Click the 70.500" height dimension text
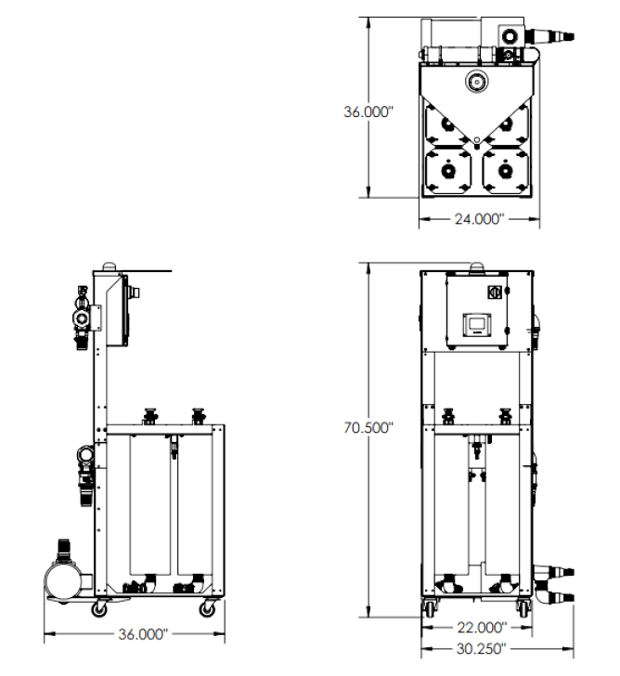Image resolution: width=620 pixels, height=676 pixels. tap(368, 428)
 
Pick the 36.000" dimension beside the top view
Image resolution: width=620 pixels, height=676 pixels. tap(368, 111)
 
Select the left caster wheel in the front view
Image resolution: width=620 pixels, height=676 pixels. tap(431, 609)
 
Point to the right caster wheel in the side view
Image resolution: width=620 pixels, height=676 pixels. tap(207, 609)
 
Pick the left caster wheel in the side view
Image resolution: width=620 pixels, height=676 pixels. tap(97, 609)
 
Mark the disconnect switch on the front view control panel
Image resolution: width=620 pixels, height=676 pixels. tap(494, 292)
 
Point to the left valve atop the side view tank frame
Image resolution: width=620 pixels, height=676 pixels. tap(150, 414)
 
